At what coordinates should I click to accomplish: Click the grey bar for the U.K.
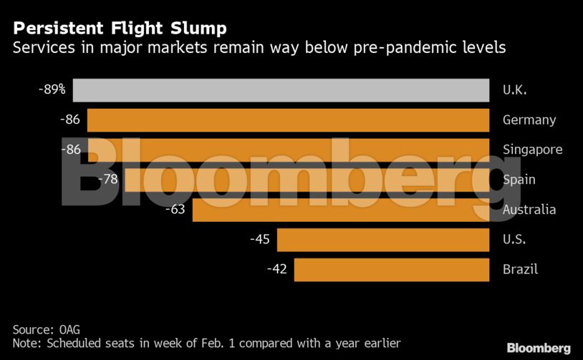280,90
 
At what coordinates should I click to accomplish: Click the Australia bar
341,210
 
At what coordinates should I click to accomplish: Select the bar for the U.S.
383,240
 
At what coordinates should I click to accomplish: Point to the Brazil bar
391,270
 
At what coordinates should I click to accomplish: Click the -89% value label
52,89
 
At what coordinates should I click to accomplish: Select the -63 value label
175,210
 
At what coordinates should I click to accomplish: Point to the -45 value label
259,239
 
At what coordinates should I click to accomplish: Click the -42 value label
277,269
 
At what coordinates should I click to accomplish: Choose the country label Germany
529,120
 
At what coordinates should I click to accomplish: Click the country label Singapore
532,150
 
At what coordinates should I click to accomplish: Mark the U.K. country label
514,90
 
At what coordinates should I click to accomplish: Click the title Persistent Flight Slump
120,29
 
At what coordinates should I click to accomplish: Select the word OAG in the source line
71,329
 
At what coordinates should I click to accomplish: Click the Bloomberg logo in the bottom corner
539,348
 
